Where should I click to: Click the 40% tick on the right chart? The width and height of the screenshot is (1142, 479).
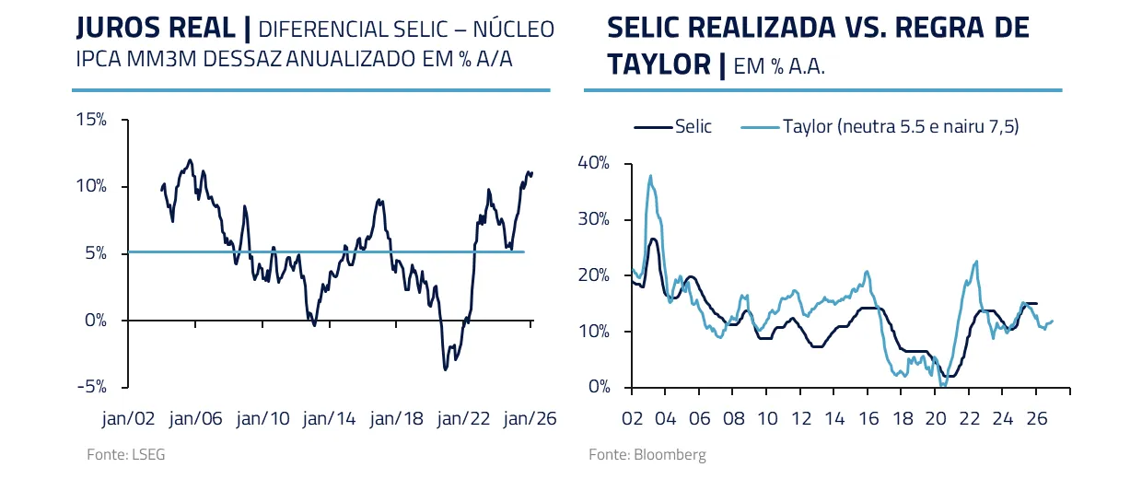click(593, 163)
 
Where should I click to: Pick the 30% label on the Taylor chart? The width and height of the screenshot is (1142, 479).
click(593, 219)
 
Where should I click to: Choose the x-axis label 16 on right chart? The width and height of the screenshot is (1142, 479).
click(868, 417)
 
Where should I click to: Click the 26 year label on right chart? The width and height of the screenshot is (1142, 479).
click(1036, 417)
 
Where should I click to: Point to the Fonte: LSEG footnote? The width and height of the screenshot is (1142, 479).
click(113, 455)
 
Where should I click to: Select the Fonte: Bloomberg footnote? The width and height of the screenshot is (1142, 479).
click(647, 455)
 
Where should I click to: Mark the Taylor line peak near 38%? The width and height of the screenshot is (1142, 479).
click(650, 175)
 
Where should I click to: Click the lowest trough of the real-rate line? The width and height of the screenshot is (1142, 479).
click(445, 369)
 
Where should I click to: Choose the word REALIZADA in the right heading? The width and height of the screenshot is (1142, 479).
click(754, 29)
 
